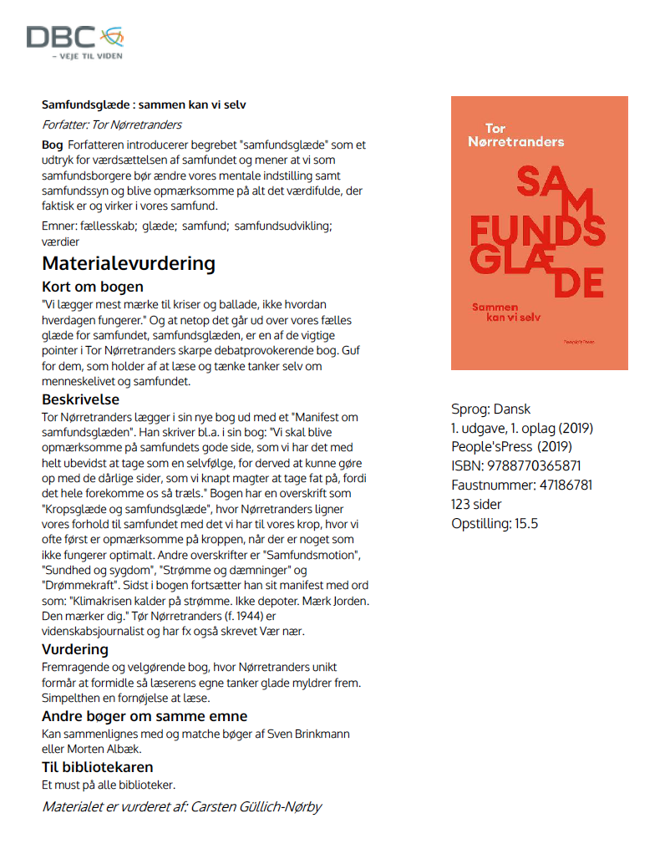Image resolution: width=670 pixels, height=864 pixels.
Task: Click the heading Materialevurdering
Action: click(x=129, y=264)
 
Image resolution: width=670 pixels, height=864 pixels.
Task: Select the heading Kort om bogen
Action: click(x=93, y=287)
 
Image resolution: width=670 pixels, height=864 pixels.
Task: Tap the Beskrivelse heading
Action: click(x=80, y=399)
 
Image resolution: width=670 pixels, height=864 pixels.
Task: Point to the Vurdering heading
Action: click(x=75, y=649)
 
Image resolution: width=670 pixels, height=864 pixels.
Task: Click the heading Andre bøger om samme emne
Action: click(x=145, y=716)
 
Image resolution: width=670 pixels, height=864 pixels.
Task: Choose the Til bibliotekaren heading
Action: click(x=97, y=766)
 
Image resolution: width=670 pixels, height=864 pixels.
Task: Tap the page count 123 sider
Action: click(x=477, y=505)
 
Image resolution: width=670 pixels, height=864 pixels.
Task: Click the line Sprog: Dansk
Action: click(x=490, y=409)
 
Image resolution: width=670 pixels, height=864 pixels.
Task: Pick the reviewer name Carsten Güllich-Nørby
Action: click(x=256, y=806)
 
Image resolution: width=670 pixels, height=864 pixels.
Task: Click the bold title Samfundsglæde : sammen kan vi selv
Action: click(x=144, y=104)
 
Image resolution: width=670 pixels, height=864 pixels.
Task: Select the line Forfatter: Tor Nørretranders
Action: click(x=112, y=125)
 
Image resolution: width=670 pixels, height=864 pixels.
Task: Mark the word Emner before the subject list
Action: click(x=57, y=226)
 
